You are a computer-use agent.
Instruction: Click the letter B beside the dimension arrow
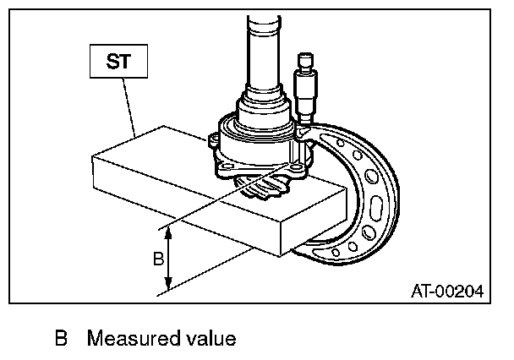(157, 259)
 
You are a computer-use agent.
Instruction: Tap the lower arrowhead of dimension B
(169, 287)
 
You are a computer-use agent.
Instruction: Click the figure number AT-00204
(447, 292)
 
